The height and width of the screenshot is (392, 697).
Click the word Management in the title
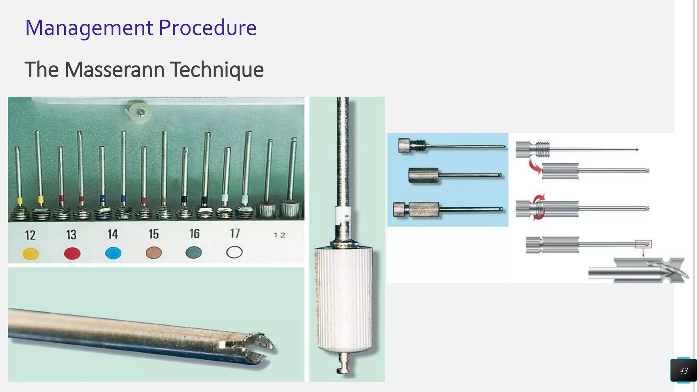[x=89, y=28]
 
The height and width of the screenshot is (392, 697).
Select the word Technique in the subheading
[x=217, y=70]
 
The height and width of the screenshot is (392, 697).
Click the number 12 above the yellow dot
[x=30, y=235]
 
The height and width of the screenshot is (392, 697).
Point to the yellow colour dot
[x=31, y=254]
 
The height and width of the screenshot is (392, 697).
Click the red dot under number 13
[x=72, y=254]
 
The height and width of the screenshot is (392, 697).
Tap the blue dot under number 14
[x=113, y=253]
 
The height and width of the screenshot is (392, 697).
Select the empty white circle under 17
[x=234, y=252]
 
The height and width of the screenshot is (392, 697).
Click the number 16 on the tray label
[x=194, y=234]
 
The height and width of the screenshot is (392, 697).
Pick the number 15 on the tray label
[x=153, y=234]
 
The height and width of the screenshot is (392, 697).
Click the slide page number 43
[x=683, y=371]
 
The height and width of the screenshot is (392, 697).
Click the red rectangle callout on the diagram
[x=643, y=244]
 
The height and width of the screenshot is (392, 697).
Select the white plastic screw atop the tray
[x=140, y=112]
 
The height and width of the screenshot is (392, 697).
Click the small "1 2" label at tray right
[x=279, y=235]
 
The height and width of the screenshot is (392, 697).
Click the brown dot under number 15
[x=154, y=253]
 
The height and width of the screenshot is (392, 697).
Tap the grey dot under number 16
[x=194, y=252]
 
